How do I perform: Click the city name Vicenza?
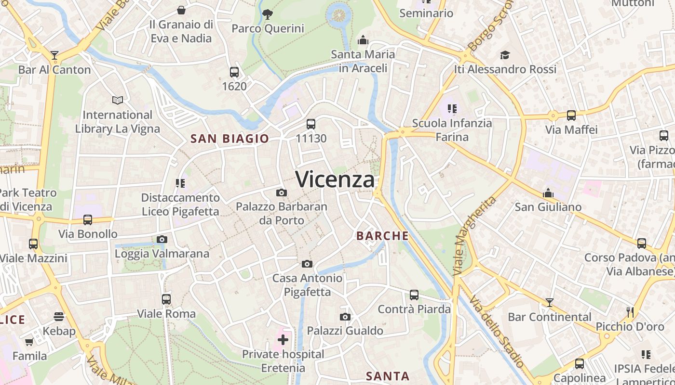pyautogui.click(x=335, y=180)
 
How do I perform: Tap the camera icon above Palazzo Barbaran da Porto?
pyautogui.click(x=282, y=193)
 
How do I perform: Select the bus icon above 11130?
pyautogui.click(x=311, y=124)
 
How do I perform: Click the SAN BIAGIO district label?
pyautogui.click(x=229, y=139)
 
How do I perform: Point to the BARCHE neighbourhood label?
pyautogui.click(x=382, y=236)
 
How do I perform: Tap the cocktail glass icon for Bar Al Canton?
pyautogui.click(x=54, y=55)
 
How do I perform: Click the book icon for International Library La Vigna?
pyautogui.click(x=118, y=100)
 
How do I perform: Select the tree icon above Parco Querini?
pyautogui.click(x=268, y=14)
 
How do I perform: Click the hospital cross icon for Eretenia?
pyautogui.click(x=283, y=340)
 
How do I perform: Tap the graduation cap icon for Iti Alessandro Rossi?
pyautogui.click(x=505, y=55)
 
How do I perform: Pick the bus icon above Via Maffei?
pyautogui.click(x=571, y=115)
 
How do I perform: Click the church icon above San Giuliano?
pyautogui.click(x=548, y=193)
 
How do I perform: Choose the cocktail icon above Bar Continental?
pyautogui.click(x=549, y=303)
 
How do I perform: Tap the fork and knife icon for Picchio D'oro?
pyautogui.click(x=630, y=312)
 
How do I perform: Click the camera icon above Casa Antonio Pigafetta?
pyautogui.click(x=307, y=264)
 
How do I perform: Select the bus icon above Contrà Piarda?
pyautogui.click(x=414, y=295)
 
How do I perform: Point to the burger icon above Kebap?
pyautogui.click(x=59, y=317)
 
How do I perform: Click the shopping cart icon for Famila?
pyautogui.click(x=29, y=342)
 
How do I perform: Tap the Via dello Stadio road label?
pyautogui.click(x=496, y=332)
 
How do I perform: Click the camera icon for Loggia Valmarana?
pyautogui.click(x=162, y=239)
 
